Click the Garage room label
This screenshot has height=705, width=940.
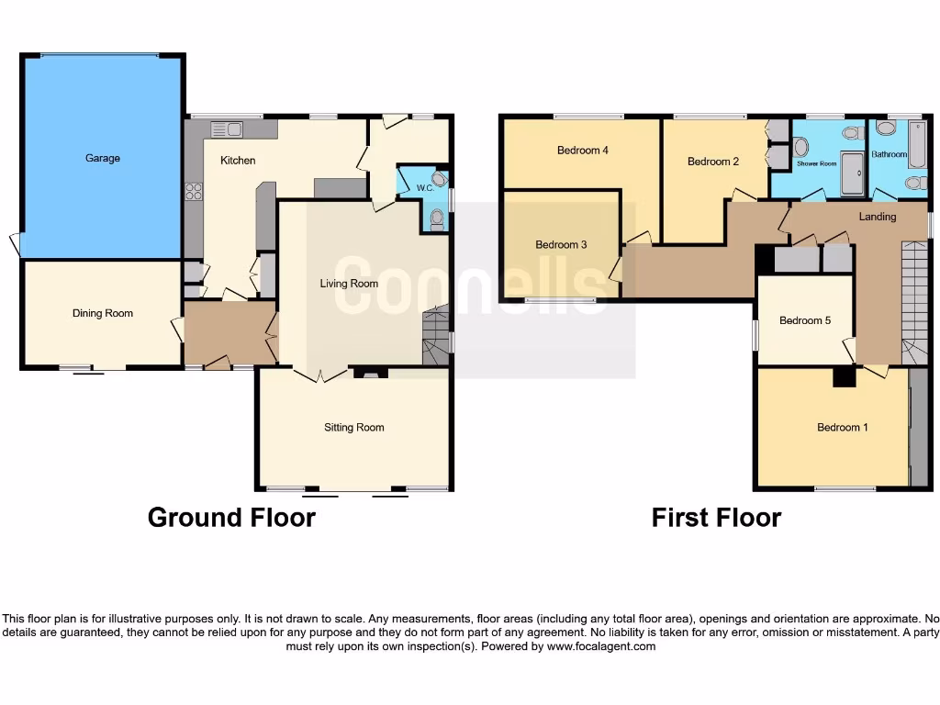(x=103, y=158)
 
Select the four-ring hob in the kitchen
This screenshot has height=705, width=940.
(x=195, y=192)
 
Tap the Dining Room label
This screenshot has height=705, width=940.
(x=103, y=313)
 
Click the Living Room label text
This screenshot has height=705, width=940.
(x=349, y=284)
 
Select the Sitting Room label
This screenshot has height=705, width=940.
(x=353, y=427)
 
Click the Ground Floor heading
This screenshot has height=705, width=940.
(x=231, y=518)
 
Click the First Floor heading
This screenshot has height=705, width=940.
(x=716, y=518)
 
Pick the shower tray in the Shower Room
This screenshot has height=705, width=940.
(x=853, y=175)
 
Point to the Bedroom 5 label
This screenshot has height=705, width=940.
(x=805, y=320)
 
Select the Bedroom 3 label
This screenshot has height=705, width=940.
(x=561, y=244)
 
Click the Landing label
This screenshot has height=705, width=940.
(x=878, y=217)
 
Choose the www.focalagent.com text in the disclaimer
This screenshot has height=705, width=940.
(x=601, y=646)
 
